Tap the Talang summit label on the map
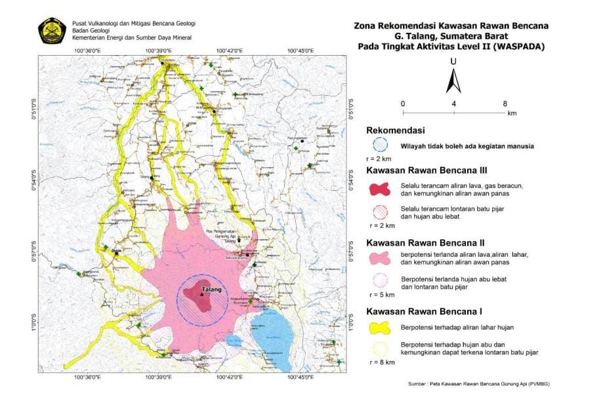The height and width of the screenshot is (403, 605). [x=211, y=289]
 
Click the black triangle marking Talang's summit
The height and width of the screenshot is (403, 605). [x=202, y=294]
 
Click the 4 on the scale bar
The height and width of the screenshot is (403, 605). [x=454, y=104]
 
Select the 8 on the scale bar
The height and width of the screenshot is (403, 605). [x=505, y=104]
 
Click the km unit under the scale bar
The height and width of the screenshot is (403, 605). [x=511, y=113]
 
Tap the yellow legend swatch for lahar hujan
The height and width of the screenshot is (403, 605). [x=380, y=326]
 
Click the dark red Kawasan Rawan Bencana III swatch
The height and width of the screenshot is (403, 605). [x=380, y=190]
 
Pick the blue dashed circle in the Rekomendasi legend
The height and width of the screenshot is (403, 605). [x=380, y=145]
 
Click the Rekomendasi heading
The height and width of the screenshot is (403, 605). [x=396, y=130]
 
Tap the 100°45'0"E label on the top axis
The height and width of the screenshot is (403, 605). [x=299, y=50]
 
